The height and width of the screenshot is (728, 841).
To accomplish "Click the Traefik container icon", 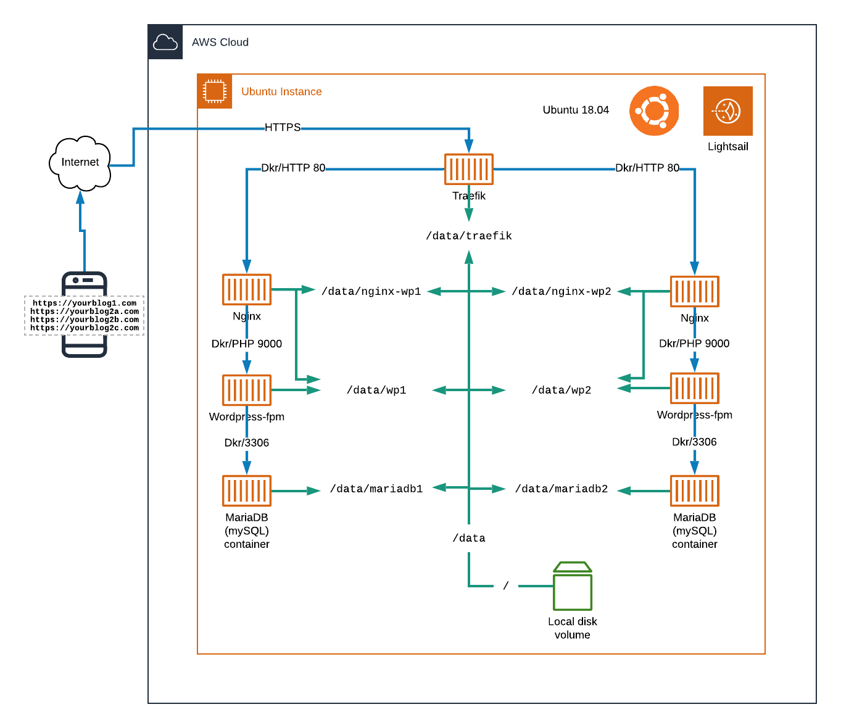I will coord(469,169).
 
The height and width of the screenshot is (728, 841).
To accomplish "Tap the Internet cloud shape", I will coord(80,163).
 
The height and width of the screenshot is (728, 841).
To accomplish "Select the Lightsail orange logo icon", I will coord(728,111).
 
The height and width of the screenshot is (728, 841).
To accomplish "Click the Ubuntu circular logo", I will coord(654,111).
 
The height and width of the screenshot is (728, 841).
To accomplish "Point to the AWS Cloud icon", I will coord(165,42).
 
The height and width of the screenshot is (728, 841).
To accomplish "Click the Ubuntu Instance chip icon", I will coord(215,91).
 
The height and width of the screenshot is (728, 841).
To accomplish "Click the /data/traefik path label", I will coord(469,236).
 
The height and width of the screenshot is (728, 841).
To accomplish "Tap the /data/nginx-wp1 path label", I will coord(371,291).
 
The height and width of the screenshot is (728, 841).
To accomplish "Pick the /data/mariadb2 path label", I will coord(561,489).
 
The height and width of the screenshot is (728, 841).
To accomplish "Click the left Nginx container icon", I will coord(247,289).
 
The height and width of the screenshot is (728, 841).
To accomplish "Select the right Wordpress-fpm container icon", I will coord(695,388).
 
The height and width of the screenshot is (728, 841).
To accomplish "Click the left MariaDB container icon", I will coord(247,490).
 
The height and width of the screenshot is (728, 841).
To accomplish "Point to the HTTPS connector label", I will coord(283,128).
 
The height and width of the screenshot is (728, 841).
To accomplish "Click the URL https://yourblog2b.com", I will coord(85,320).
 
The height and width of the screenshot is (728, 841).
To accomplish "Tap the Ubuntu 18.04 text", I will coord(576,110).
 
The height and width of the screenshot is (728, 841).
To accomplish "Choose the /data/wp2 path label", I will coord(561,390).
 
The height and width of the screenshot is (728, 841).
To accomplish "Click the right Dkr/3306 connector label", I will coord(694,442).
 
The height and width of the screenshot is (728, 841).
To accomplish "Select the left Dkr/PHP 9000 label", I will coord(247,344).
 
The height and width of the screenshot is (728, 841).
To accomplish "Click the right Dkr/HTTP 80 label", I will coord(647,168).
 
